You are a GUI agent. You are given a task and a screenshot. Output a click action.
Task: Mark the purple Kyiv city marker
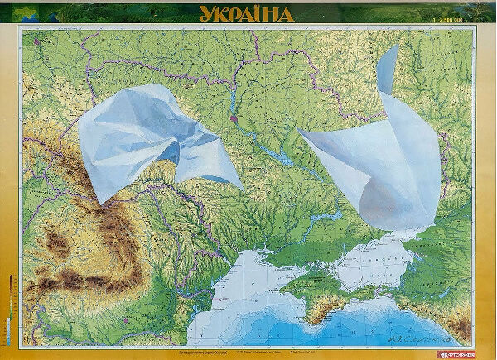coord(234,118)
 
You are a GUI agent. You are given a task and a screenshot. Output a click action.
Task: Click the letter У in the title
coord(205,13)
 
